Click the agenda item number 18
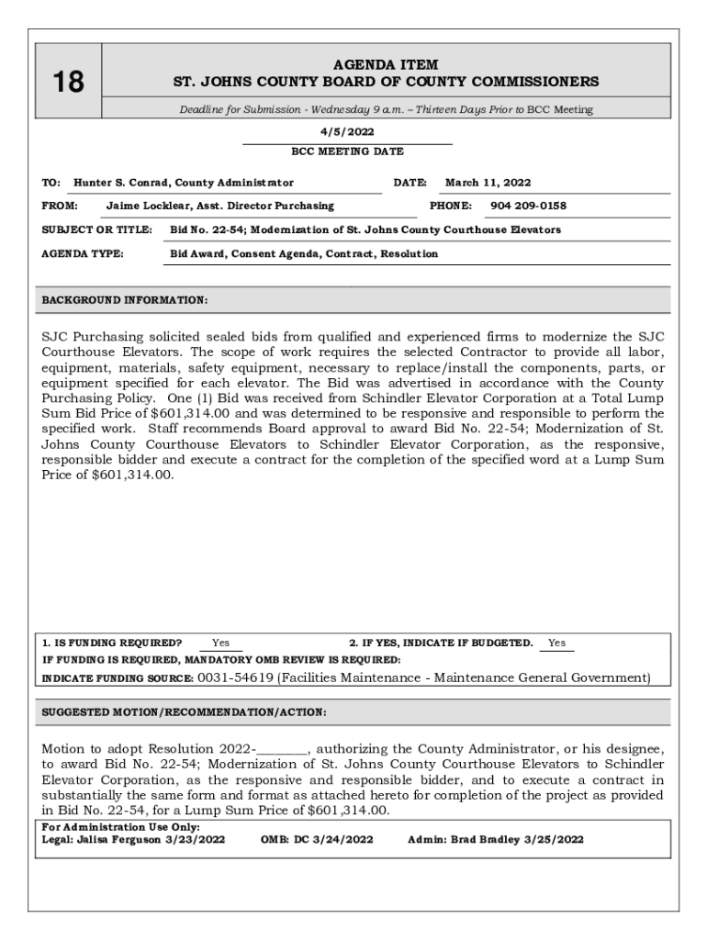pyautogui.click(x=67, y=83)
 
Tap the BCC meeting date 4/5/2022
pyautogui.click(x=347, y=131)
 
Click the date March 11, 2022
pyautogui.click(x=488, y=183)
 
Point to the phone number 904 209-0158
pyautogui.click(x=528, y=206)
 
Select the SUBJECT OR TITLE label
pyautogui.click(x=96, y=229)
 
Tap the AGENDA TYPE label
pyautogui.click(x=83, y=253)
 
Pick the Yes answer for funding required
pyautogui.click(x=220, y=643)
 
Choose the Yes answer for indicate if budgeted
pyautogui.click(x=556, y=643)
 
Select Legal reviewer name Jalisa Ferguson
pyautogui.click(x=118, y=839)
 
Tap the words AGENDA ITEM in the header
pyautogui.click(x=386, y=65)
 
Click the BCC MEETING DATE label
pyautogui.click(x=347, y=151)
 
